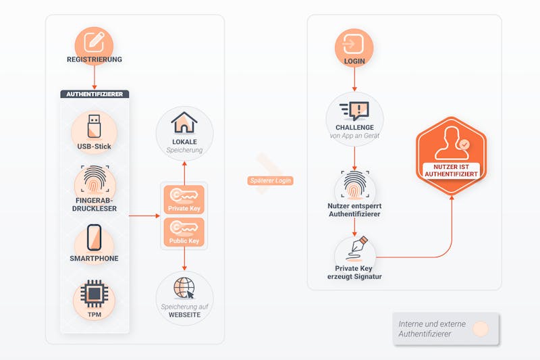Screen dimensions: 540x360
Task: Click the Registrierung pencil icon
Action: coord(94,42)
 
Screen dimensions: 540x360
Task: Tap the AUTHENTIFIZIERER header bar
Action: coord(94,94)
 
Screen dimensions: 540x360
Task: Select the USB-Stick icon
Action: coord(94,126)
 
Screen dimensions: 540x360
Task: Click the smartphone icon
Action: coord(94,238)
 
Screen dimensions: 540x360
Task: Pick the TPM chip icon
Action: coord(94,294)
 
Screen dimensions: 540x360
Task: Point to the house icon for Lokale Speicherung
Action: coord(184,122)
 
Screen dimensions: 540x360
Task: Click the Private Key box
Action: coord(184,199)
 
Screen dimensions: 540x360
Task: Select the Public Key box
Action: coord(184,232)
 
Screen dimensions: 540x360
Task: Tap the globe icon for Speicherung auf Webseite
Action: coord(184,288)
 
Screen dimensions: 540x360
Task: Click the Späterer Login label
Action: coord(271,180)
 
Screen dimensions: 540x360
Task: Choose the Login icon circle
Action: coord(354,47)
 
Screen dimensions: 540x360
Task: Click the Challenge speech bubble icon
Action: coord(354,111)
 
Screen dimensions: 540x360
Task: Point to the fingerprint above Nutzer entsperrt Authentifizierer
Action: coord(355,184)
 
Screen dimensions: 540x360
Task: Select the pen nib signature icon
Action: coord(357,249)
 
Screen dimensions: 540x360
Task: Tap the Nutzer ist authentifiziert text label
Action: coord(451,170)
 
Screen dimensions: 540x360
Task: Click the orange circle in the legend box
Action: coord(481,329)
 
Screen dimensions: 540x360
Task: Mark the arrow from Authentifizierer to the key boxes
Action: coord(144,216)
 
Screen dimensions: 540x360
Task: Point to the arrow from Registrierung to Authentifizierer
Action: coord(94,78)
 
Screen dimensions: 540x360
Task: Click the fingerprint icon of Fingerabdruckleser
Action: coord(94,179)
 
